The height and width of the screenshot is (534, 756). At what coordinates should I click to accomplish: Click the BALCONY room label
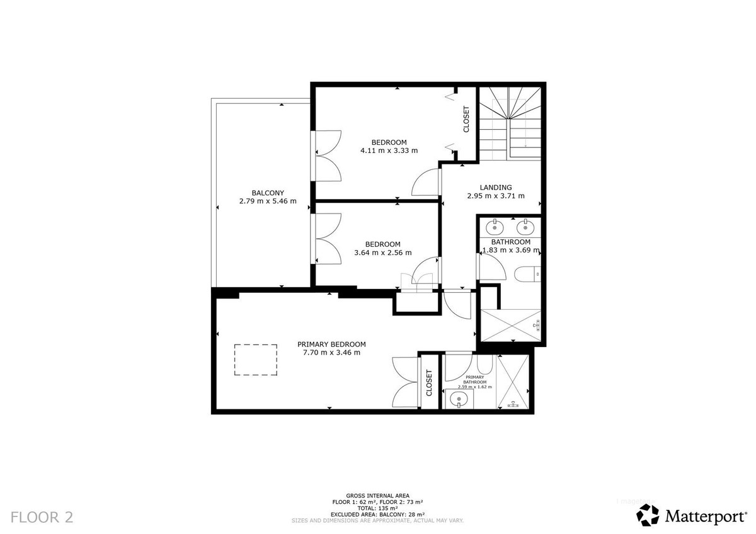tap(268, 193)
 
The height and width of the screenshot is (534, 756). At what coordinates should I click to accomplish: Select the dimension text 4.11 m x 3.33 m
tap(389, 151)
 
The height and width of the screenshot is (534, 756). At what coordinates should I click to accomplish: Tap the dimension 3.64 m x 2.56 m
tap(383, 253)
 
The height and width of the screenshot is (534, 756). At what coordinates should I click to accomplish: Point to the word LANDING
tap(495, 187)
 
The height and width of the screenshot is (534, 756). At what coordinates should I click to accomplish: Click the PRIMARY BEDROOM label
tap(331, 344)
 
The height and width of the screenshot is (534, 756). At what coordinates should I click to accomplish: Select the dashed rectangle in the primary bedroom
tap(256, 359)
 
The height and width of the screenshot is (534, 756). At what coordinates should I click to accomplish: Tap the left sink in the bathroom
tap(496, 225)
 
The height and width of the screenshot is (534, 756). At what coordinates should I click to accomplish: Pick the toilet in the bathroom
tap(525, 273)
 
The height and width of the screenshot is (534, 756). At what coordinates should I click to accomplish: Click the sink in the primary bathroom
tap(459, 399)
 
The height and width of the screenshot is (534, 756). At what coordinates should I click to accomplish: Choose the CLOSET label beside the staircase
tap(466, 119)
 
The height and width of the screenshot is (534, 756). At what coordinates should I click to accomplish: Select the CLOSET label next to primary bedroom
tap(429, 382)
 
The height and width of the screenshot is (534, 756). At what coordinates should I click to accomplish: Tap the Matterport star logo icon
tap(648, 515)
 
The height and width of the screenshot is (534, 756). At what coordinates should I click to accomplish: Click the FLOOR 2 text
tap(42, 517)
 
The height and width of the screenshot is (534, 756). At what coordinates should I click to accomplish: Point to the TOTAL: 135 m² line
tap(378, 508)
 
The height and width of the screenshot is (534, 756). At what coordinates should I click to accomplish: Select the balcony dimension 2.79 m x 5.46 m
tap(268, 202)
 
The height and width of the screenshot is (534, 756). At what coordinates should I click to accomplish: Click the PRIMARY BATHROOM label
tap(474, 380)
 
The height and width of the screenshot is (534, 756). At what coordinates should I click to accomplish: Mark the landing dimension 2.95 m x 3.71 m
tap(495, 196)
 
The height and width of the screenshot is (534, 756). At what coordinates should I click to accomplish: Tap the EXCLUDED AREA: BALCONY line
tap(378, 514)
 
